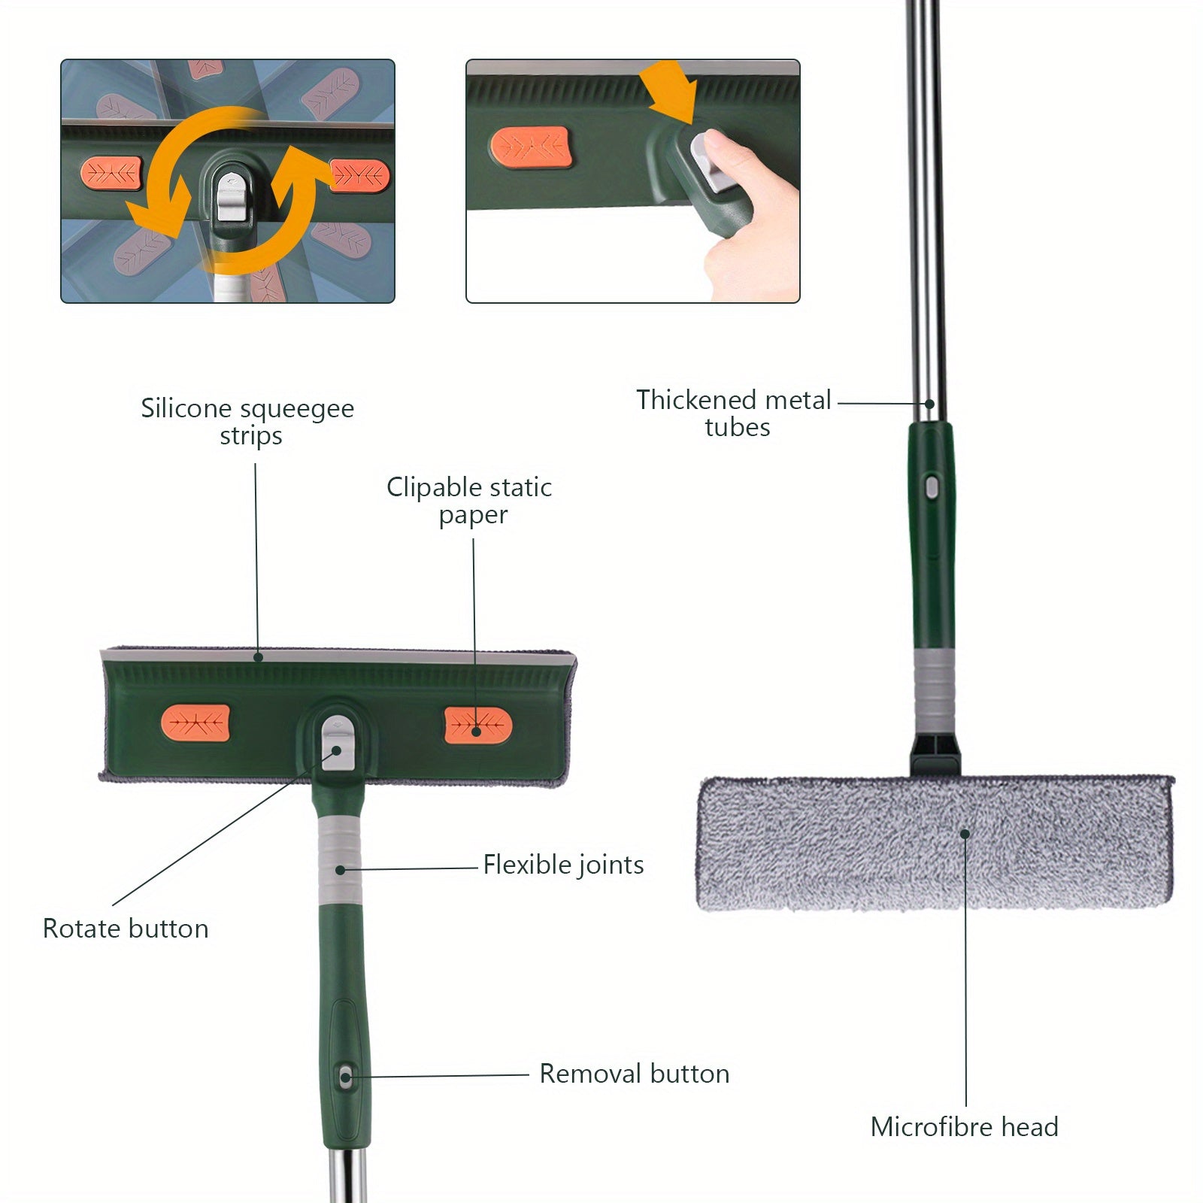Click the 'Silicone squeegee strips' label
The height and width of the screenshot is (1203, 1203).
tap(248, 422)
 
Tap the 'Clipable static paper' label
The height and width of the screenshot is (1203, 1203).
tap(469, 501)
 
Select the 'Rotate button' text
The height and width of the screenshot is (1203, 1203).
tap(126, 929)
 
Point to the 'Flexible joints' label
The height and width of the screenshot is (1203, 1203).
tap(563, 865)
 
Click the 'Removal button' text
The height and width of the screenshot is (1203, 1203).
tap(634, 1074)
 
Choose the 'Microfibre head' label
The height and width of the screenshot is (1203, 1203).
tap(964, 1127)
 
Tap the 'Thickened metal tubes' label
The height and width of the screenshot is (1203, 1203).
tap(734, 413)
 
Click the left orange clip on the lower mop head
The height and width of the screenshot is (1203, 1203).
tap(195, 723)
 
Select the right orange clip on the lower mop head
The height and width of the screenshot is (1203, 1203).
tap(477, 725)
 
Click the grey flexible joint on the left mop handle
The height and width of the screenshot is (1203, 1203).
tap(340, 861)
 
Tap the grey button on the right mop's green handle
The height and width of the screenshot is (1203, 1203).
tap(932, 488)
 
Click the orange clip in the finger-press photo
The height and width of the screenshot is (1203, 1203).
tap(531, 147)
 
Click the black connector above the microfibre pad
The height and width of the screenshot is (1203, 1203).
tap(935, 756)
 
